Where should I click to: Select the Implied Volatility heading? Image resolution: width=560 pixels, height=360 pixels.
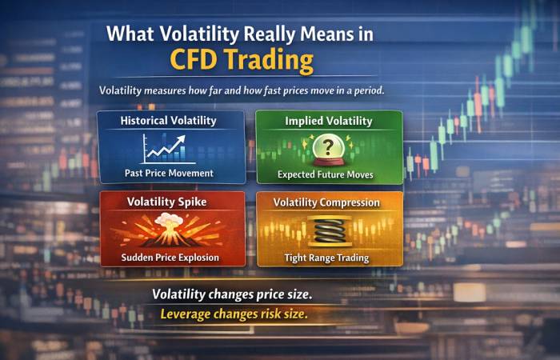pos(328,121)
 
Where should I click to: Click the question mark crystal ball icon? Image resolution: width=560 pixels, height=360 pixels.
pos(327,149)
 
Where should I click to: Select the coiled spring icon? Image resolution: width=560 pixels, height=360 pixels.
pos(328,231)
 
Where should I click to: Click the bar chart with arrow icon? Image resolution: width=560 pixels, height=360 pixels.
pos(163,148)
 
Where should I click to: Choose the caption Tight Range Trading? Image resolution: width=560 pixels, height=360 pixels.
pos(327,257)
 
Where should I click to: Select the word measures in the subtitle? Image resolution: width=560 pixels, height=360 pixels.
pos(176,90)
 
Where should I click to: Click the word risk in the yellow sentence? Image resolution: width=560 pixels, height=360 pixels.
pos(267,314)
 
